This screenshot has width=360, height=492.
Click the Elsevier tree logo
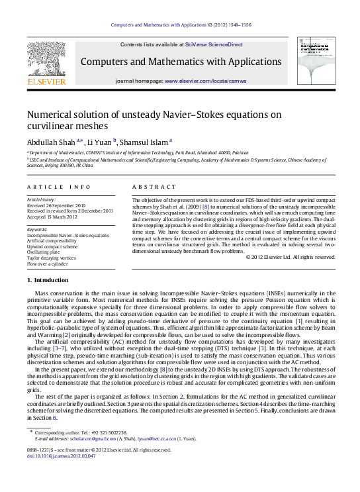click(x=46, y=60)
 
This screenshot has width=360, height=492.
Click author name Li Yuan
click(x=99, y=141)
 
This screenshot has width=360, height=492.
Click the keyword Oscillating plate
click(x=46, y=252)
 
